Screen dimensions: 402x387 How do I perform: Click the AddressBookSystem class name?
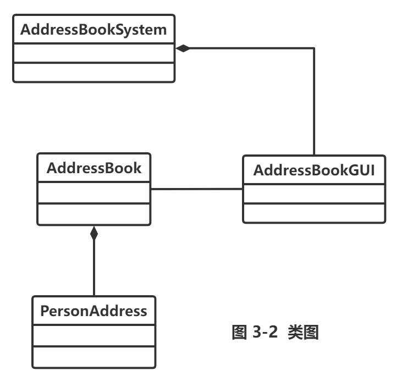tap(93, 30)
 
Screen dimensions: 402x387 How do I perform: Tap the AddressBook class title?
tap(94, 168)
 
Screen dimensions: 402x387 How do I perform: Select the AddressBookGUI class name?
tap(314, 170)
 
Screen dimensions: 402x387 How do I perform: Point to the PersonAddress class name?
tap(94, 311)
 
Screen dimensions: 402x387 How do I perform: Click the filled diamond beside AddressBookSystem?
tap(183, 48)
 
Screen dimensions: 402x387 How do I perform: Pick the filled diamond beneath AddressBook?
tap(94, 233)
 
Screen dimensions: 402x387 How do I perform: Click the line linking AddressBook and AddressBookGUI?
tap(197, 189)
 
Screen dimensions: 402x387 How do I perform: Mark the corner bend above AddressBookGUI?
tap(314, 48)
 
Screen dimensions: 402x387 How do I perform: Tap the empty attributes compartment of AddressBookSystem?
tap(94, 53)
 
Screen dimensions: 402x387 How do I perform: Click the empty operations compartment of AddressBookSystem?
tap(94, 72)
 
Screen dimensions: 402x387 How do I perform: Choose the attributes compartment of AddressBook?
tap(94, 193)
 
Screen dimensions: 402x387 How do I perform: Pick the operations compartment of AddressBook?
tap(94, 214)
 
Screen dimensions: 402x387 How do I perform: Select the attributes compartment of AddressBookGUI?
tap(314, 193)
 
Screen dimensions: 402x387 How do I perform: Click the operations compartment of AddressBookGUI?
tap(314, 213)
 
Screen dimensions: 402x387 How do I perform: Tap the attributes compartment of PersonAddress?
tap(94, 335)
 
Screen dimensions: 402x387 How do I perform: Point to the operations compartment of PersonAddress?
tap(94, 357)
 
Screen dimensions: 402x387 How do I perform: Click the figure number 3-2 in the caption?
tap(265, 332)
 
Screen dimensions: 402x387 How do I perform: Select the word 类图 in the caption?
tap(304, 332)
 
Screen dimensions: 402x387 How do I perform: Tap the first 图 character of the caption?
tap(239, 332)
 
